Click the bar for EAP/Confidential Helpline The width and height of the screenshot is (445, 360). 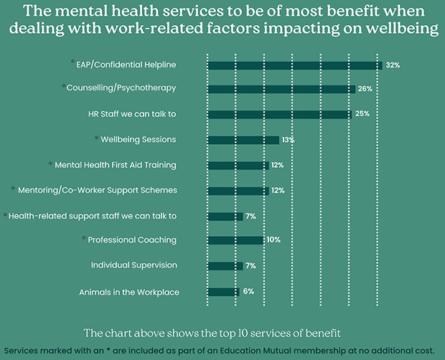pyautogui.click(x=294, y=65)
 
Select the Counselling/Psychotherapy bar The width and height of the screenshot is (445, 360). pyautogui.click(x=281, y=89)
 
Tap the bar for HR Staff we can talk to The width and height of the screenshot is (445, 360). pyautogui.click(x=279, y=114)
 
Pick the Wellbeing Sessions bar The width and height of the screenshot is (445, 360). pyautogui.click(x=243, y=140)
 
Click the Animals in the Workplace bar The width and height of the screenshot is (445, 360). pyautogui.click(x=223, y=291)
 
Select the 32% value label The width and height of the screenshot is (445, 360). pyautogui.click(x=393, y=65)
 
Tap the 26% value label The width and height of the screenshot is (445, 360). pyautogui.click(x=366, y=89)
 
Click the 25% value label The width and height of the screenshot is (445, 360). pyautogui.click(x=362, y=114)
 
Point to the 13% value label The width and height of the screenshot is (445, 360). pyautogui.click(x=289, y=140)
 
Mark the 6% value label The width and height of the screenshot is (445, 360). pyautogui.click(x=249, y=291)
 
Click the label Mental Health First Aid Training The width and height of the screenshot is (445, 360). pyautogui.click(x=116, y=165)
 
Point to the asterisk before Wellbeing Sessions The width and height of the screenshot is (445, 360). pyautogui.click(x=96, y=137)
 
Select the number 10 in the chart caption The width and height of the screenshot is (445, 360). pyautogui.click(x=273, y=333)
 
